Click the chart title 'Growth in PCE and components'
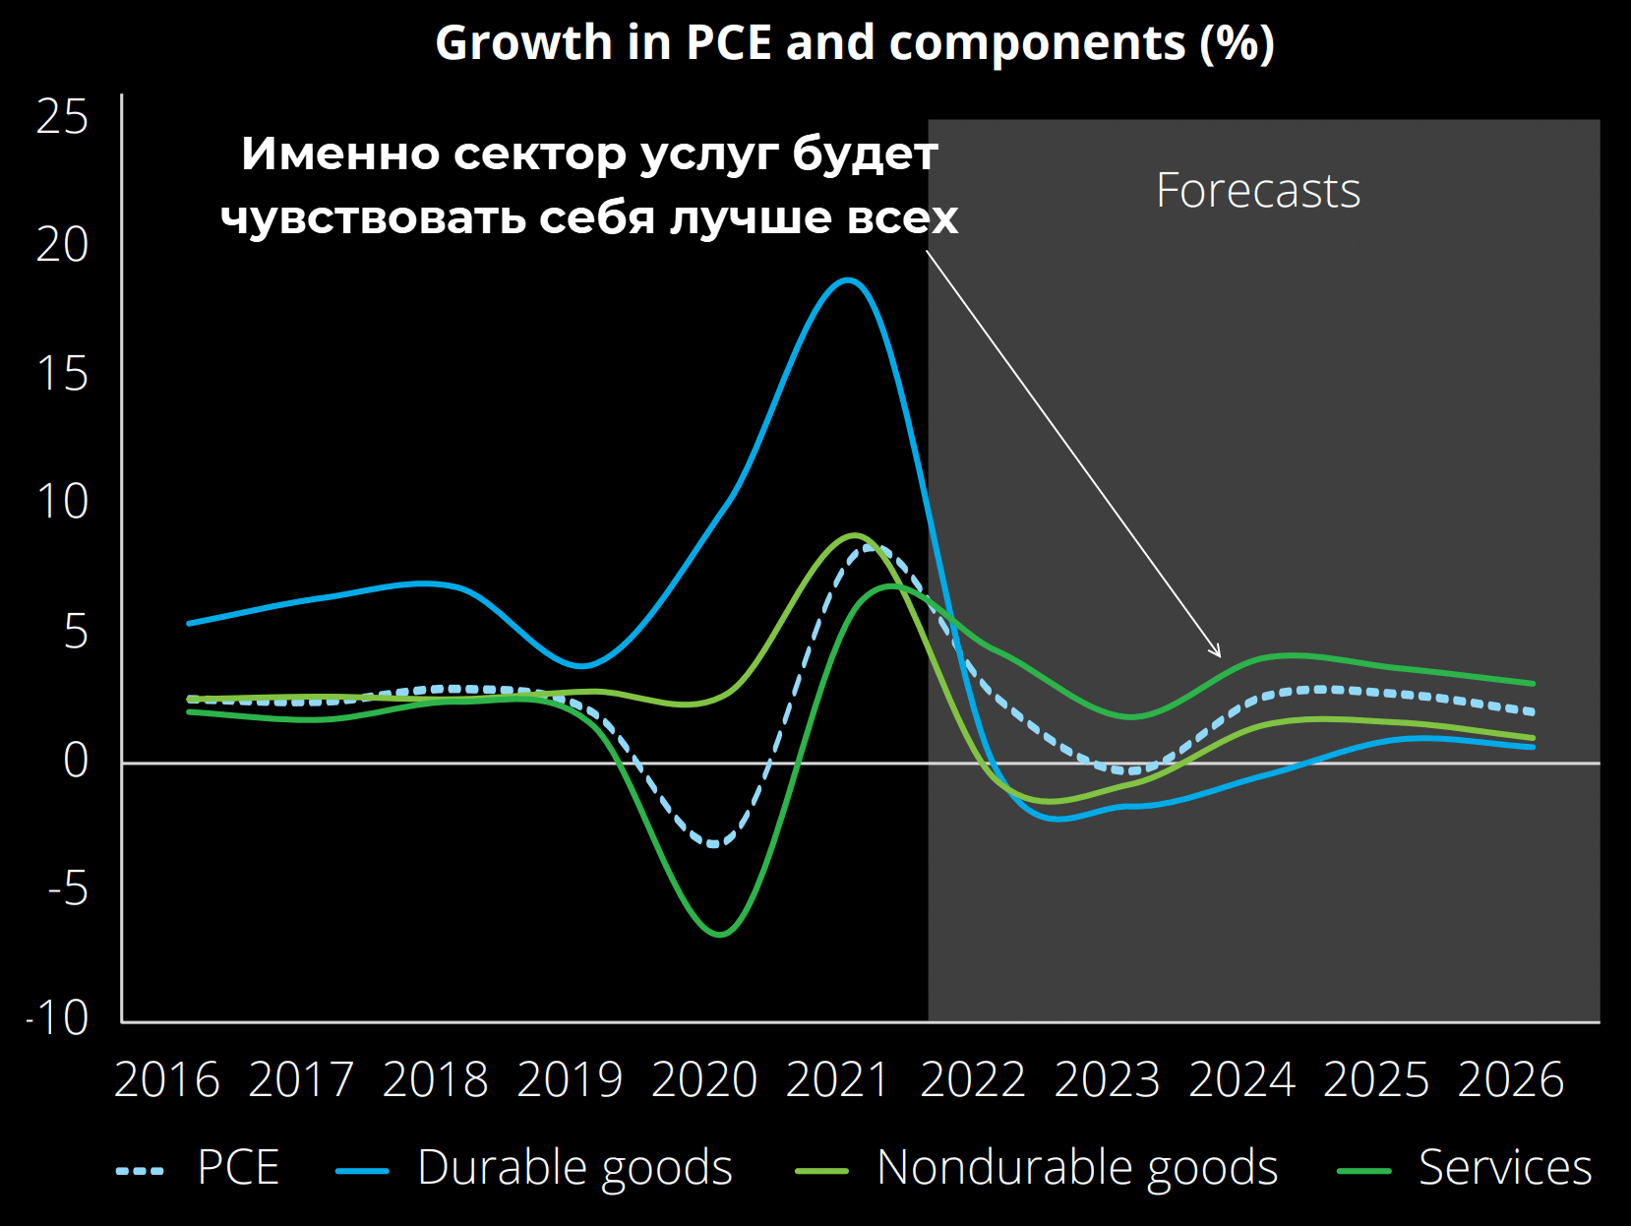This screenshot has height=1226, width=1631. (854, 43)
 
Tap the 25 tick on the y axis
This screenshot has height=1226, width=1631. (62, 117)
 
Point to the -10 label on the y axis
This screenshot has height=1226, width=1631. (57, 1017)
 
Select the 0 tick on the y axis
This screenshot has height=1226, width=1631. (75, 760)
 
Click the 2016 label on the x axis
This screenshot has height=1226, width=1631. (166, 1080)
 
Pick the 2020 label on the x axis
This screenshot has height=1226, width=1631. (704, 1080)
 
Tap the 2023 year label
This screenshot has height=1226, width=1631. (1108, 1080)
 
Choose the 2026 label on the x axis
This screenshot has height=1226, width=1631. (1511, 1080)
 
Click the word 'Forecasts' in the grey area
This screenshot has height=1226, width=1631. (1258, 191)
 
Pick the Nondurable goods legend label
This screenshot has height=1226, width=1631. (1076, 1168)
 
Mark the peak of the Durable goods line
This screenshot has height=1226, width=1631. (847, 280)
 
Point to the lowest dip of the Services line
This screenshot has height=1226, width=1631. (720, 934)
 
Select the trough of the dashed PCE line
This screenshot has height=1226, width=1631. (714, 844)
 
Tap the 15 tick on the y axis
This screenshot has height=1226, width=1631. (62, 375)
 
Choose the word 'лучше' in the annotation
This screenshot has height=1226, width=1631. (753, 218)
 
